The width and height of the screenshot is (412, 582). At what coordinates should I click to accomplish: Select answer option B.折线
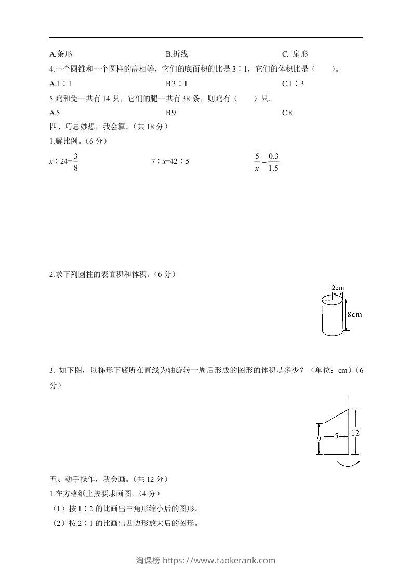(x=176, y=54)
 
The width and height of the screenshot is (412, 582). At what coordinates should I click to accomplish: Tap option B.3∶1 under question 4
(x=177, y=83)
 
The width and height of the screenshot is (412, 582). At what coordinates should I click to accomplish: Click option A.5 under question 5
(x=55, y=112)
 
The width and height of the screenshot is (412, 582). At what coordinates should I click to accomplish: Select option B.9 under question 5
(x=171, y=112)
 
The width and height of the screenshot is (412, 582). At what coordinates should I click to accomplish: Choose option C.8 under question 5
(x=287, y=112)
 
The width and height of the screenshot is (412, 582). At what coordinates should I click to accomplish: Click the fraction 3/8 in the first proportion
(x=75, y=162)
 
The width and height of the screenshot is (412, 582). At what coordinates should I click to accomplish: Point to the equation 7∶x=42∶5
(x=170, y=162)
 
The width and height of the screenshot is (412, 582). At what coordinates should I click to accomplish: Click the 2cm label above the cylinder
(x=338, y=288)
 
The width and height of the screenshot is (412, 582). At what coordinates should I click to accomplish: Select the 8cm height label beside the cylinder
(x=354, y=314)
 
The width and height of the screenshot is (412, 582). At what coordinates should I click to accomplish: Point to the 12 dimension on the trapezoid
(x=355, y=432)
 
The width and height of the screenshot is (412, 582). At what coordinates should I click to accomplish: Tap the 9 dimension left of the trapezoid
(x=318, y=438)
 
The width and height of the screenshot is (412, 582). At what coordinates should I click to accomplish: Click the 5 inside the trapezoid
(x=336, y=437)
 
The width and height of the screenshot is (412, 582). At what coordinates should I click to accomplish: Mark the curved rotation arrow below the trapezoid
(x=348, y=464)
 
